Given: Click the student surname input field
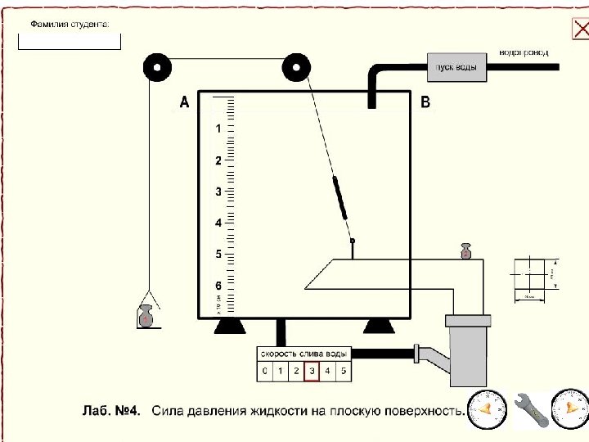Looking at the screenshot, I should [70, 40].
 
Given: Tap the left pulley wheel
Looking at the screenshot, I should [153, 67].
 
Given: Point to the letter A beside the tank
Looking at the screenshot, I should [184, 102].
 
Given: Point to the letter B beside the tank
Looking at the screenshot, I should [425, 102].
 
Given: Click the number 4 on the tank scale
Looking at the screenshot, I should [218, 223].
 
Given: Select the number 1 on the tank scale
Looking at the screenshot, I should [218, 129].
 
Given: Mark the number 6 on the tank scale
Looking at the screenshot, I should [218, 286].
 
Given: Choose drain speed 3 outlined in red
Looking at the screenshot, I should [312, 372].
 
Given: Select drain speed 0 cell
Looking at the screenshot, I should [264, 372].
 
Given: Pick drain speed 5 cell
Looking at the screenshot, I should [343, 372].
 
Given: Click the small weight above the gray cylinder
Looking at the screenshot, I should [466, 251].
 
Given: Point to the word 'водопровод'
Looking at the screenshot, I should [524, 52].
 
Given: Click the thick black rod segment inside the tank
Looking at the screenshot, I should [340, 197].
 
